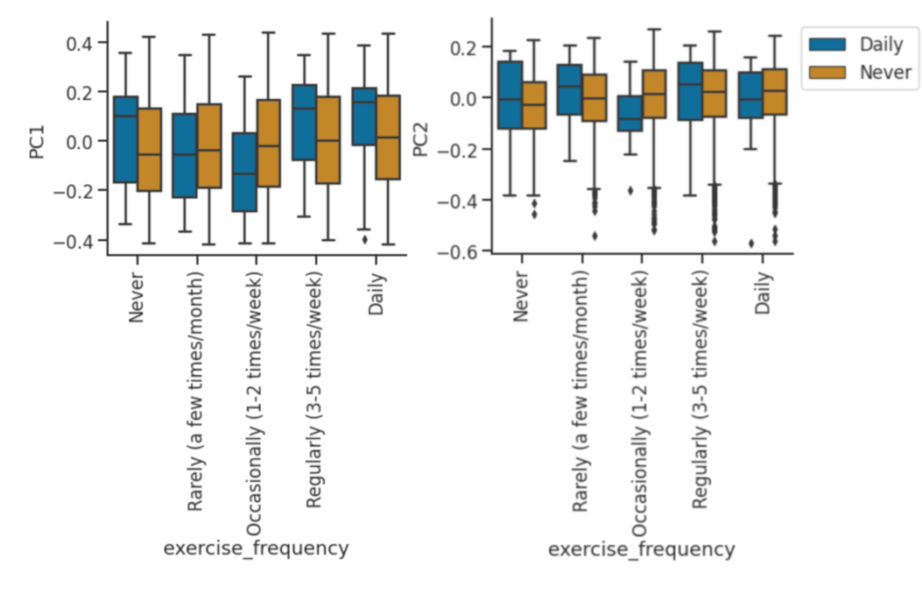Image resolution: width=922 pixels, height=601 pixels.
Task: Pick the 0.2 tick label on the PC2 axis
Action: point(463,47)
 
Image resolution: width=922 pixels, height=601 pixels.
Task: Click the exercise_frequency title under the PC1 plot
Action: point(255,548)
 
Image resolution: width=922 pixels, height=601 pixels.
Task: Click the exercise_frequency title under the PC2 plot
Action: point(641,548)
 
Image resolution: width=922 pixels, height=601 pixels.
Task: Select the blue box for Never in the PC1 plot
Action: point(125,139)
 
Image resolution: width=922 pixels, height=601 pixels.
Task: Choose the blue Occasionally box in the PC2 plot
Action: point(629,113)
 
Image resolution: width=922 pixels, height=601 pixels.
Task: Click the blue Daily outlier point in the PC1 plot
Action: point(365,239)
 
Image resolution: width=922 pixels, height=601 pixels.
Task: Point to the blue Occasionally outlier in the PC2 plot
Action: point(630,191)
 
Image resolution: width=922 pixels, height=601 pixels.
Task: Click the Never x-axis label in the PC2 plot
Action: point(522,298)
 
